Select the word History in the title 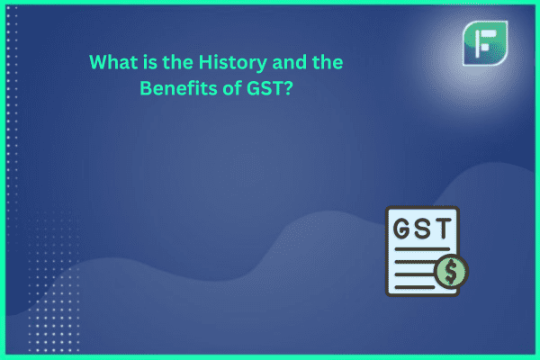(x=233, y=63)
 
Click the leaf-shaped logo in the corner (x=485, y=43)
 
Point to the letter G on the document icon (x=402, y=229)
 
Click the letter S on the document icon (x=423, y=229)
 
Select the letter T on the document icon (x=443, y=229)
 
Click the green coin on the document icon (x=451, y=272)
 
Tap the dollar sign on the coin (x=451, y=272)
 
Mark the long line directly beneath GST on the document (x=422, y=249)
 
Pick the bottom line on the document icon (x=415, y=287)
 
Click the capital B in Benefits (x=146, y=88)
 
